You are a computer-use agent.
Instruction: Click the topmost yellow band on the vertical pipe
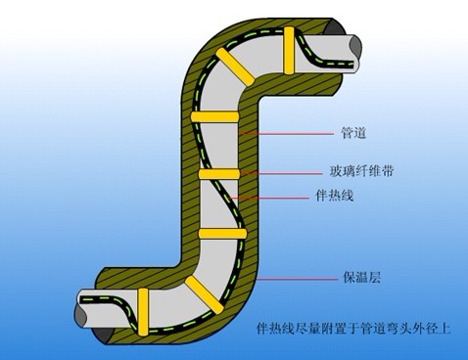tap(216, 117)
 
